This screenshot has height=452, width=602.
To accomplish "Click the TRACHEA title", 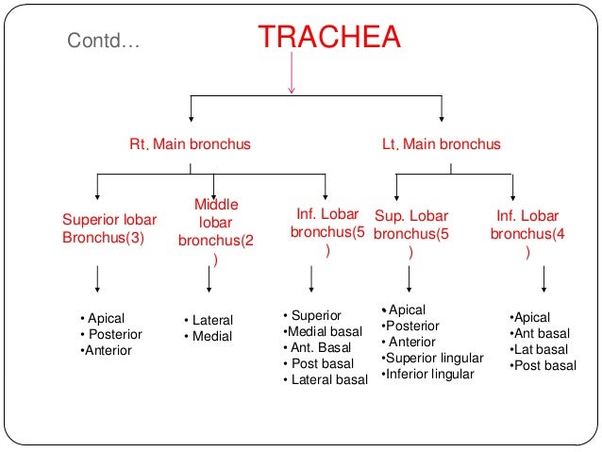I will pyautogui.click(x=329, y=37).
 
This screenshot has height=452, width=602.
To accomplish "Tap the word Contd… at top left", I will pyautogui.click(x=104, y=41).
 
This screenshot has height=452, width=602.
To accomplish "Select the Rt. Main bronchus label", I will pyautogui.click(x=190, y=144).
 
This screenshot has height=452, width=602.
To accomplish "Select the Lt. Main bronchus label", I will pyautogui.click(x=441, y=144).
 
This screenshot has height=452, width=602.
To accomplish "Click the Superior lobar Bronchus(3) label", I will pyautogui.click(x=109, y=227).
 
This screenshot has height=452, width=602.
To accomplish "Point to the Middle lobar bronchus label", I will pyautogui.click(x=216, y=231).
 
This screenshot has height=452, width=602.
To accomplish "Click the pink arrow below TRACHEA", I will pyautogui.click(x=293, y=74).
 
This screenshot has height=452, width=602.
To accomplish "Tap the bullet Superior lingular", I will pyautogui.click(x=433, y=358).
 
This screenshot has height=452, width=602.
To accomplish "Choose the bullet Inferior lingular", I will pyautogui.click(x=428, y=374).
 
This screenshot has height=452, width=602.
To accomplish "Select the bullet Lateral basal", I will pyautogui.click(x=326, y=379).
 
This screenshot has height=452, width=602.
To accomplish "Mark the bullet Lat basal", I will pyautogui.click(x=539, y=349).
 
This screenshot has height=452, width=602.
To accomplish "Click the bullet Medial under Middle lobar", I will pyautogui.click(x=209, y=336).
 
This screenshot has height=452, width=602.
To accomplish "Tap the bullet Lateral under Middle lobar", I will pyautogui.click(x=209, y=320).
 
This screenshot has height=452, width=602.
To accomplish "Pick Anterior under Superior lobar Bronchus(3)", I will pyautogui.click(x=107, y=350).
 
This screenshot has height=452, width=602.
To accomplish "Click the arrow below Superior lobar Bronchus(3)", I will pyautogui.click(x=99, y=280).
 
